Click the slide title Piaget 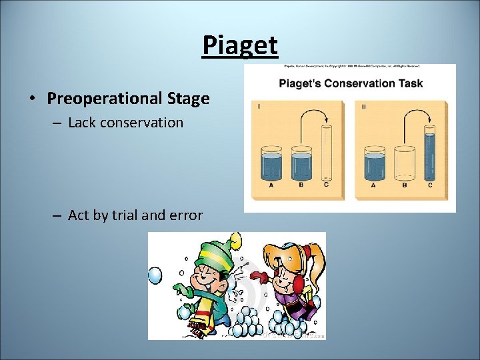point(239,46)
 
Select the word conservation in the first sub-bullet point(144,123)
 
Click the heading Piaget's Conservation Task point(349,84)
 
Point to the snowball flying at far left point(154,275)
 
